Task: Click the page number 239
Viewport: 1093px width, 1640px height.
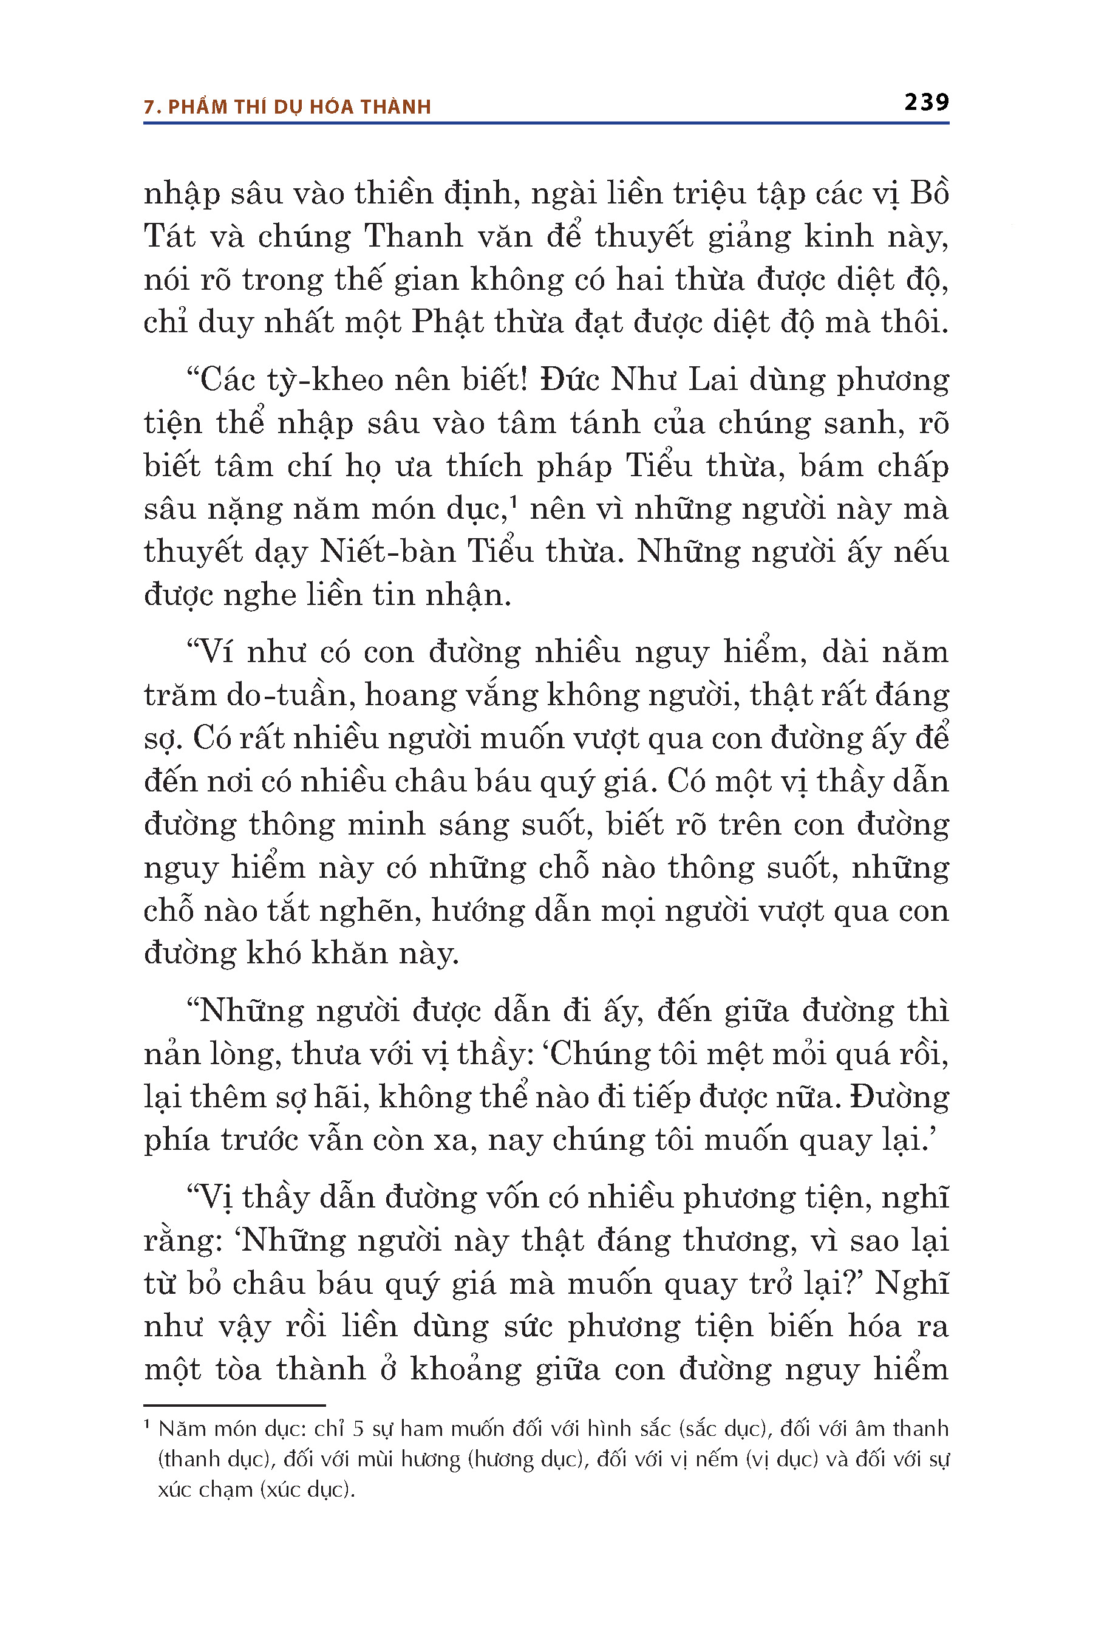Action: pyautogui.click(x=927, y=103)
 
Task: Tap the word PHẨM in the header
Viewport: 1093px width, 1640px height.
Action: pyautogui.click(x=198, y=107)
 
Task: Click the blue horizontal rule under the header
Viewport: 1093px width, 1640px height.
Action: pyautogui.click(x=546, y=123)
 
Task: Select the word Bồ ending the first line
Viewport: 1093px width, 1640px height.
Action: pyautogui.click(x=930, y=193)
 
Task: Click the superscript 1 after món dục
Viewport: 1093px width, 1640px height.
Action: pyautogui.click(x=512, y=500)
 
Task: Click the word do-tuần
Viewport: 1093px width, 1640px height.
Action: pyautogui.click(x=289, y=695)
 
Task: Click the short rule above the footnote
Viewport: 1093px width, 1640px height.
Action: pyautogui.click(x=234, y=1405)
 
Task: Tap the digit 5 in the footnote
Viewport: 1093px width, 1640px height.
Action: pyautogui.click(x=358, y=1429)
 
